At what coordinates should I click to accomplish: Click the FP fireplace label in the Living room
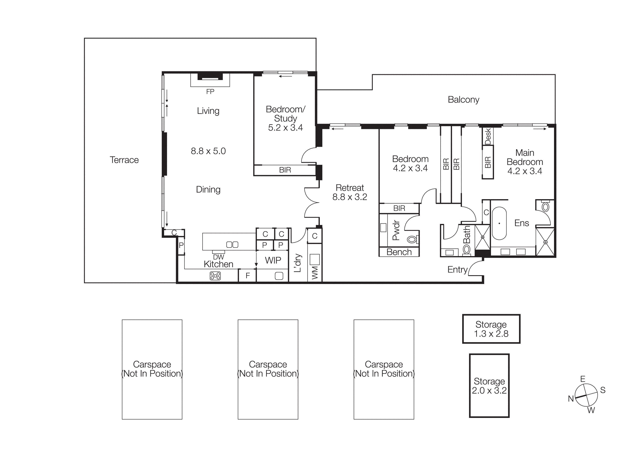click(x=210, y=92)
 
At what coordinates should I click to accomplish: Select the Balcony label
click(x=463, y=100)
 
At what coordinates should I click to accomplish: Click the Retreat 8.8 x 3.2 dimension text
click(x=350, y=197)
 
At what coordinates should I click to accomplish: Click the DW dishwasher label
click(x=218, y=257)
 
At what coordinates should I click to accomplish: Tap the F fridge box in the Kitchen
click(x=247, y=276)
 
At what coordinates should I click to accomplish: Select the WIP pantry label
click(x=273, y=260)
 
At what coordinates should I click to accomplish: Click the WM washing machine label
click(x=315, y=273)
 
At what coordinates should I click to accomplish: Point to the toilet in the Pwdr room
click(x=412, y=239)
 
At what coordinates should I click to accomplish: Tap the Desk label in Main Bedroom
click(x=488, y=136)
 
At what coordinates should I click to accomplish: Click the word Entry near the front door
click(x=457, y=269)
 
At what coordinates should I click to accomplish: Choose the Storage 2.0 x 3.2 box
click(x=489, y=386)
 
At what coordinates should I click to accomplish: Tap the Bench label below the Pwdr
click(x=399, y=252)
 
